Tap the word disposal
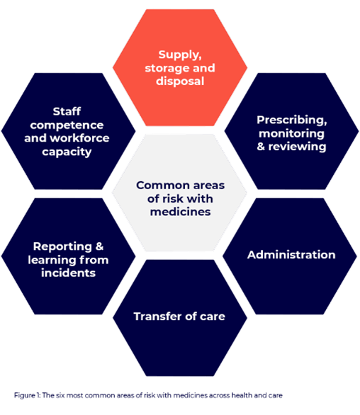[x=180, y=81]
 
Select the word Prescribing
[x=291, y=120]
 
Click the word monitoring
[x=291, y=133]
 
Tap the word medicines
[x=180, y=212]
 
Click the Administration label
[x=291, y=255]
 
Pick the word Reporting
[x=63, y=246]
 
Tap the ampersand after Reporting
[x=99, y=246]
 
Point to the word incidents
[x=68, y=273]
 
